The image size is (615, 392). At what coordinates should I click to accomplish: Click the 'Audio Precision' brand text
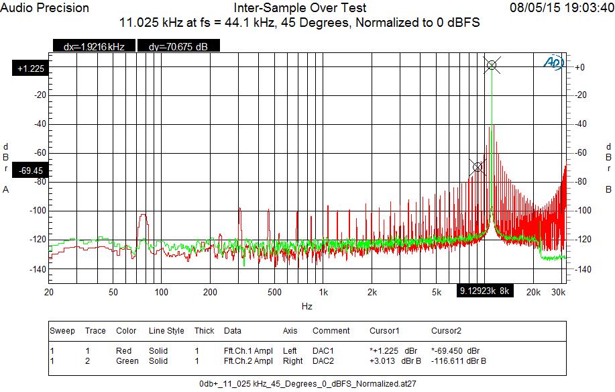click(x=45, y=8)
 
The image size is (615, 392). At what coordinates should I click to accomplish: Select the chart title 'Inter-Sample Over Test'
click(x=300, y=8)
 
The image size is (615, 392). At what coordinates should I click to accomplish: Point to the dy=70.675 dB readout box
click(x=177, y=46)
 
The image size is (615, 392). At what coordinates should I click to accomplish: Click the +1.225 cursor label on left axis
click(x=31, y=68)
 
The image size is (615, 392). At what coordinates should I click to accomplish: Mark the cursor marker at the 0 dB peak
click(x=492, y=64)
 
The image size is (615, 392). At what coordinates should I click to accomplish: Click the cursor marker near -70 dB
click(x=478, y=166)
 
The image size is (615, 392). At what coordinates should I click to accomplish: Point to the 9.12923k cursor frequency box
click(x=486, y=291)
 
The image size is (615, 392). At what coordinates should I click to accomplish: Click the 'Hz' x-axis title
click(x=306, y=305)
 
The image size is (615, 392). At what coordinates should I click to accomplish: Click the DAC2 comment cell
click(x=324, y=361)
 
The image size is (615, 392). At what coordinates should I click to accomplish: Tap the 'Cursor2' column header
click(x=445, y=331)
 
